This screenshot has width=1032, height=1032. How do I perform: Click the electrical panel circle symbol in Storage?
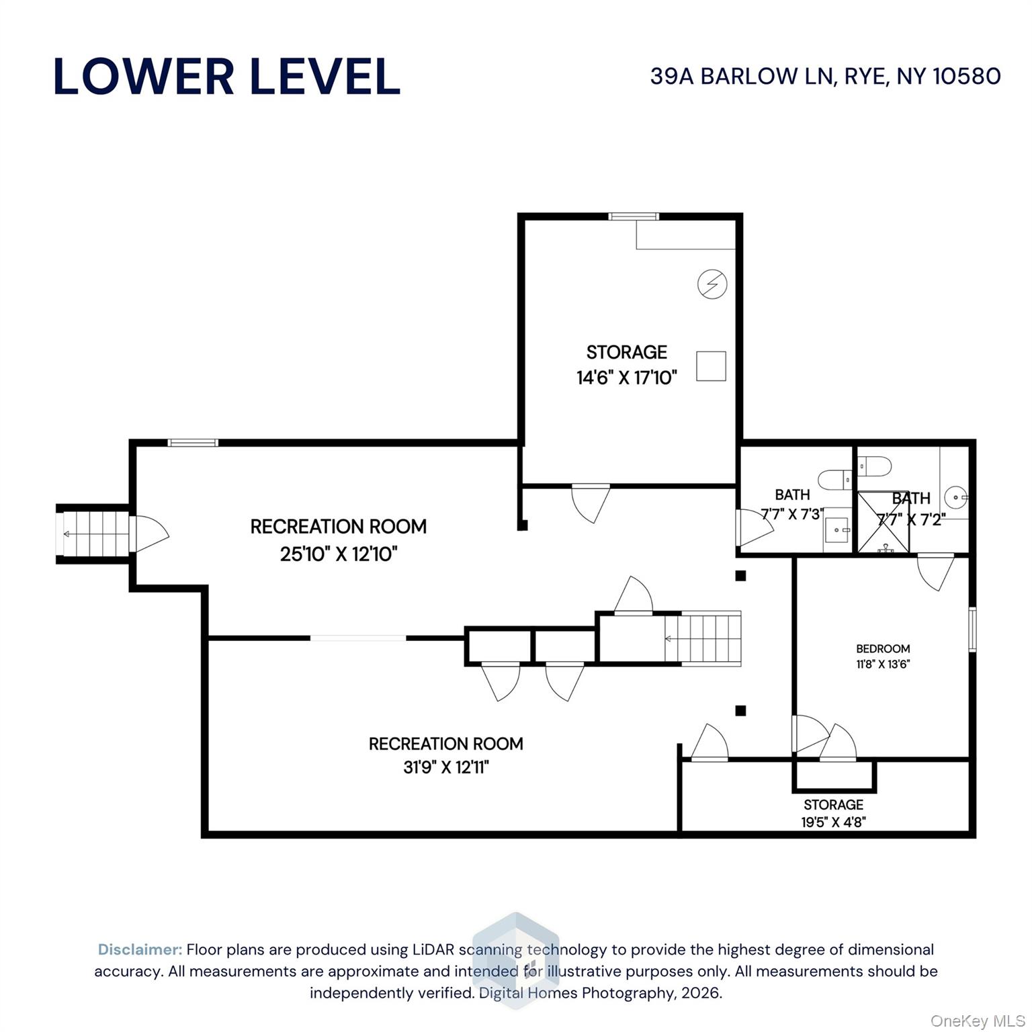point(712,284)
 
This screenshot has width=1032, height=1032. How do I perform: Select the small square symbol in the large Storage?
point(711,366)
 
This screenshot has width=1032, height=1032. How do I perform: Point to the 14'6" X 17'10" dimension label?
point(626,378)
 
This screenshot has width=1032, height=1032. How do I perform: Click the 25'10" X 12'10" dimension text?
point(339,554)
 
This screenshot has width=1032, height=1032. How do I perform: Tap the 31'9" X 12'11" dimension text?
point(446,767)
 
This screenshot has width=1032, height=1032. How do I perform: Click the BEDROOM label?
point(883,648)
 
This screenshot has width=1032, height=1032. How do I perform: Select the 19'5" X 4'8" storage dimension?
point(833,821)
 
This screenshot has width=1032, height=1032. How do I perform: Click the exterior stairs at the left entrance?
point(95,534)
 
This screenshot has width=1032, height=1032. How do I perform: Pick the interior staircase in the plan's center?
point(703,638)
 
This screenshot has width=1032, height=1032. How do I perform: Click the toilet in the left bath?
point(834,479)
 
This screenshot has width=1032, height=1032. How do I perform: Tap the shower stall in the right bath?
point(883,523)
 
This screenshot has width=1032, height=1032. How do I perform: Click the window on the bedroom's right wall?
point(972,629)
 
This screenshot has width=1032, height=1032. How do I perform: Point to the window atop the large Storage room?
point(633,216)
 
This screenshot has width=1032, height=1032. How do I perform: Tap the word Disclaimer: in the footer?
point(140,949)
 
